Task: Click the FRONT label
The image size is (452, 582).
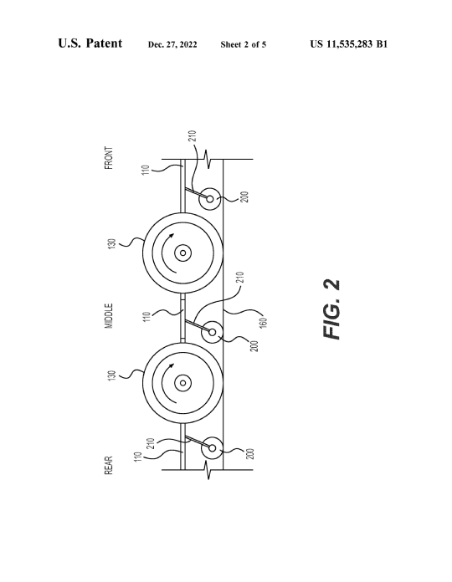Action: (x=109, y=158)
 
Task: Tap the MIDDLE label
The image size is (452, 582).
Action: (x=109, y=316)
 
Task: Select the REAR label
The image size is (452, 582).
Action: (x=109, y=466)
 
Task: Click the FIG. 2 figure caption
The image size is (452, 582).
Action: (x=331, y=309)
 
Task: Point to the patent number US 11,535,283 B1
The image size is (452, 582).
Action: (x=349, y=44)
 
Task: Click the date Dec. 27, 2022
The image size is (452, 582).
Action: (x=172, y=44)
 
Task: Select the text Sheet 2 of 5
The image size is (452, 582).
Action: (x=244, y=44)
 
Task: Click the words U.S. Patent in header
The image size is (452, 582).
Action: (x=90, y=43)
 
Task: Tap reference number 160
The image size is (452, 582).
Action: (x=263, y=323)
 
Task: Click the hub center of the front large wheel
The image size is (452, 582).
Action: (x=182, y=253)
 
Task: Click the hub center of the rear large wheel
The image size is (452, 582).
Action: (x=182, y=383)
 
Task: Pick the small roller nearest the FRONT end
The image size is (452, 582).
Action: (x=210, y=199)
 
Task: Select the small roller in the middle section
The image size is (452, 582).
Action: (x=212, y=332)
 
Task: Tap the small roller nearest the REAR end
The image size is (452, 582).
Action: (x=212, y=448)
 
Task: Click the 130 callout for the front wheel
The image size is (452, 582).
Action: (x=112, y=244)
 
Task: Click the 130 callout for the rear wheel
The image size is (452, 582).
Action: (x=112, y=375)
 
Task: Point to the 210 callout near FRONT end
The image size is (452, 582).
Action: (x=192, y=135)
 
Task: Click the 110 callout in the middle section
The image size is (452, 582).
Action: (x=147, y=317)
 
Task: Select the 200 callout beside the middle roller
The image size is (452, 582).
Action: (x=254, y=346)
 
